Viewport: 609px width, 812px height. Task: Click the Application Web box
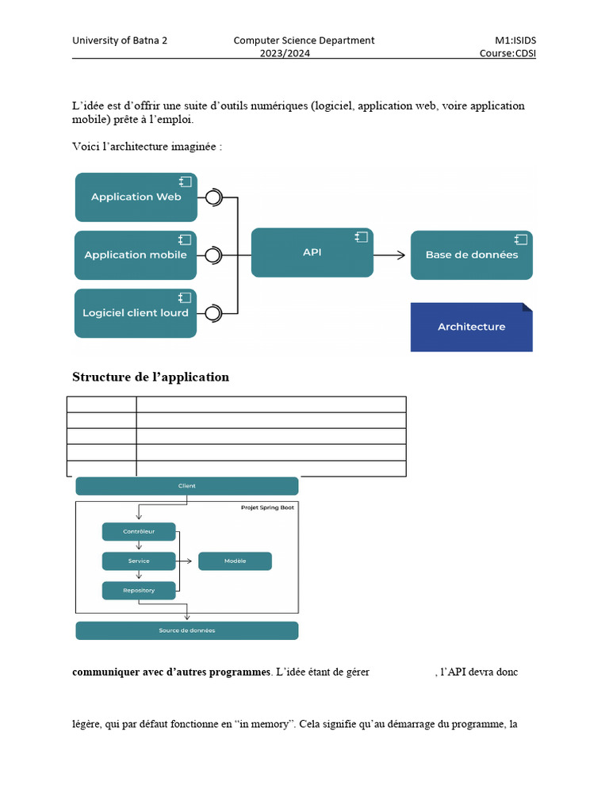(136, 197)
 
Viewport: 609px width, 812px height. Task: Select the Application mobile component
(136, 255)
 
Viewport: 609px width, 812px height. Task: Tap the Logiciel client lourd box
(136, 313)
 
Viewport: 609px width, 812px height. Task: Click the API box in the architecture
(312, 252)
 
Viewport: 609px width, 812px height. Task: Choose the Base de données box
(472, 255)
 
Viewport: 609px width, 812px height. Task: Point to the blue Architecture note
(471, 327)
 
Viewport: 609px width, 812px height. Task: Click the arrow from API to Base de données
(389, 255)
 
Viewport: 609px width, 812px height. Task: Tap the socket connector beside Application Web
(213, 197)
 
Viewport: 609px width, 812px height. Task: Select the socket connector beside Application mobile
(213, 255)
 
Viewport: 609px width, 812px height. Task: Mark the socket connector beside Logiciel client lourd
(213, 313)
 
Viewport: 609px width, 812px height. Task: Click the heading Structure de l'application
(151, 377)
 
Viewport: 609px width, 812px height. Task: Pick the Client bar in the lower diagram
(187, 486)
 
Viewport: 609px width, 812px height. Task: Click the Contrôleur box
(139, 531)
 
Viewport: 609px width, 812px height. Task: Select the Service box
(139, 561)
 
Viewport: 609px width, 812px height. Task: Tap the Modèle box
(235, 561)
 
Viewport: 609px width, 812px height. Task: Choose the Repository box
(139, 591)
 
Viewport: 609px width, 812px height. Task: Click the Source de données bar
(187, 630)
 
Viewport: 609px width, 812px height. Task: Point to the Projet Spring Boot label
(266, 507)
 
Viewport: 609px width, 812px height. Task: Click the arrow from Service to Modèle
(186, 561)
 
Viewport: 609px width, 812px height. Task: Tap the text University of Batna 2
(120, 40)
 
